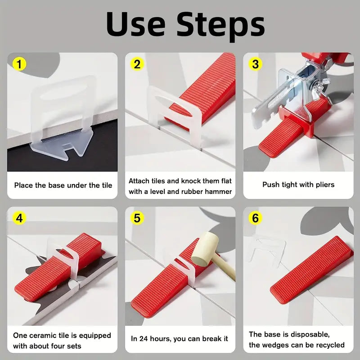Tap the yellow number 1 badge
(19, 64)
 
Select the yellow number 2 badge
(137, 64)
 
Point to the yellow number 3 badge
(256, 64)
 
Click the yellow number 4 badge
(19, 218)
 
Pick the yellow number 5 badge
(137, 218)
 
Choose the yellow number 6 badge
(256, 218)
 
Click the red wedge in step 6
(310, 268)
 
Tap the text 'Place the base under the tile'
(63, 185)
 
